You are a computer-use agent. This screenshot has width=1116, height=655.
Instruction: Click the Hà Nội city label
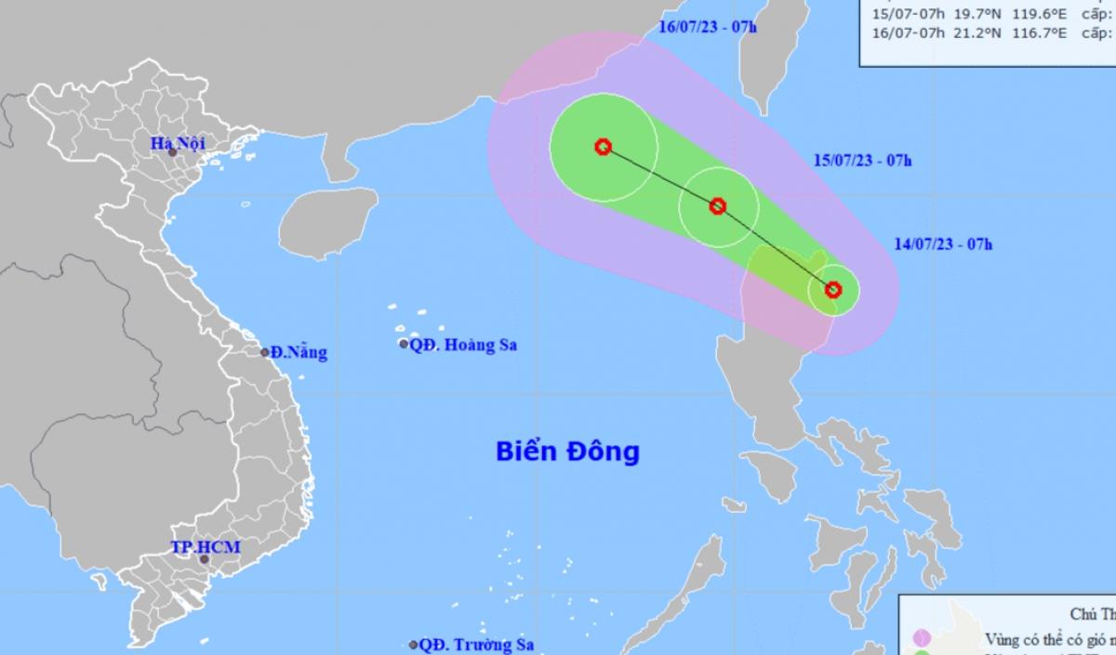click(x=179, y=142)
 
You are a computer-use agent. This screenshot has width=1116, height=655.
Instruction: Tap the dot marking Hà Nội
click(x=173, y=152)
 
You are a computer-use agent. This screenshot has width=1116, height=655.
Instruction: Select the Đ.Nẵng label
click(x=299, y=353)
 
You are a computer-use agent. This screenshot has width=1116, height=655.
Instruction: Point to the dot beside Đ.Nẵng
click(x=265, y=352)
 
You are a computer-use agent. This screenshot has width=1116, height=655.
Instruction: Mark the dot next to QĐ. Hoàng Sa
click(x=404, y=345)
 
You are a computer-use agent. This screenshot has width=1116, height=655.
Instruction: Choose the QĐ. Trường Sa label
click(x=476, y=644)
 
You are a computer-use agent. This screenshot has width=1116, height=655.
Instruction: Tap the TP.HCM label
click(x=206, y=547)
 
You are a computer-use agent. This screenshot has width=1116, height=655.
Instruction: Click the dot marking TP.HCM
click(x=205, y=559)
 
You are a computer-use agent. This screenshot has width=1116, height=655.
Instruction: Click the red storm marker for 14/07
click(x=833, y=290)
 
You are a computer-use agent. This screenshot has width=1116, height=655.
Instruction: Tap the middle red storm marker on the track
click(x=717, y=206)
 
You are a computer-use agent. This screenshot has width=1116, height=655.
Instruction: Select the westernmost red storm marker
click(x=603, y=147)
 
